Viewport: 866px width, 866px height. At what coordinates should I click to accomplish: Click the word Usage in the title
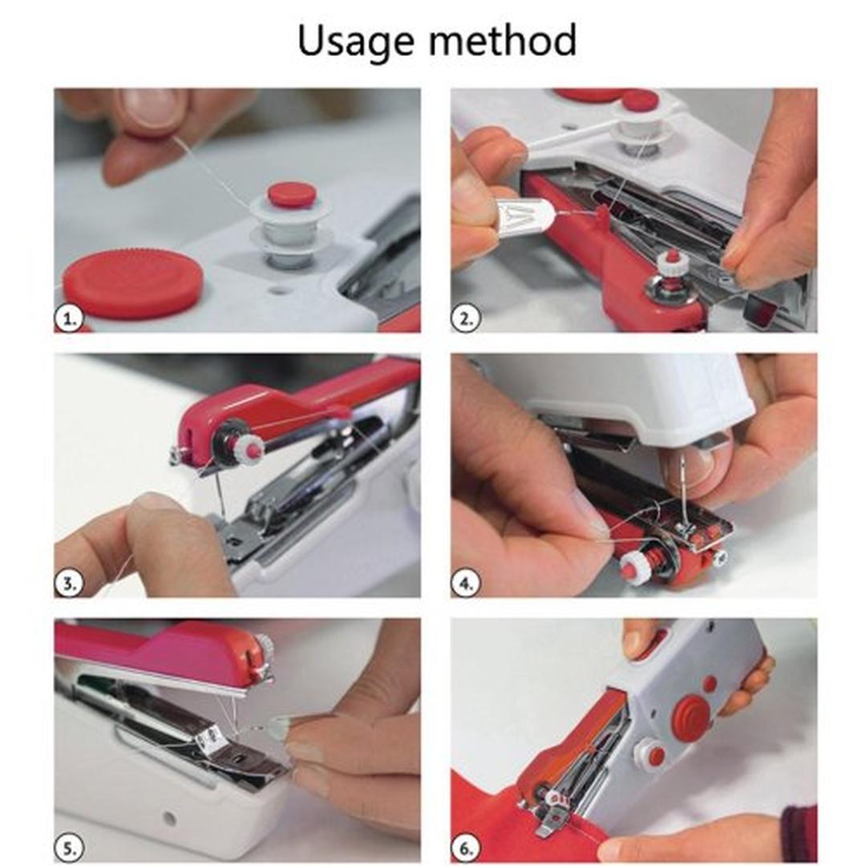coord(356,41)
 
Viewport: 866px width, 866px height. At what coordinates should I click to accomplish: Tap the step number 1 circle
coord(70,318)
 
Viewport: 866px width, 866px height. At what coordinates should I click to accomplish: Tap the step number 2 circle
coord(466,318)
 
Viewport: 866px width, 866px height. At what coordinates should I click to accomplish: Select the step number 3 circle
coord(70,583)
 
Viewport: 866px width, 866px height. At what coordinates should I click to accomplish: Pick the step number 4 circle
coord(466,583)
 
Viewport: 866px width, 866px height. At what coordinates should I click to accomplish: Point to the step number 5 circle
coord(70,848)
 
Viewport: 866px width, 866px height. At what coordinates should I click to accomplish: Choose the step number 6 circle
coord(466,848)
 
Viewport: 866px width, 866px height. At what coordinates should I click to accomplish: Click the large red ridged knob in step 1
coord(133,282)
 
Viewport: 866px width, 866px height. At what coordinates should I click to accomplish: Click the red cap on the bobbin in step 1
coord(292,194)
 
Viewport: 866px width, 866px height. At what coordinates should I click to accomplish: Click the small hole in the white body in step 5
coord(169,817)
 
